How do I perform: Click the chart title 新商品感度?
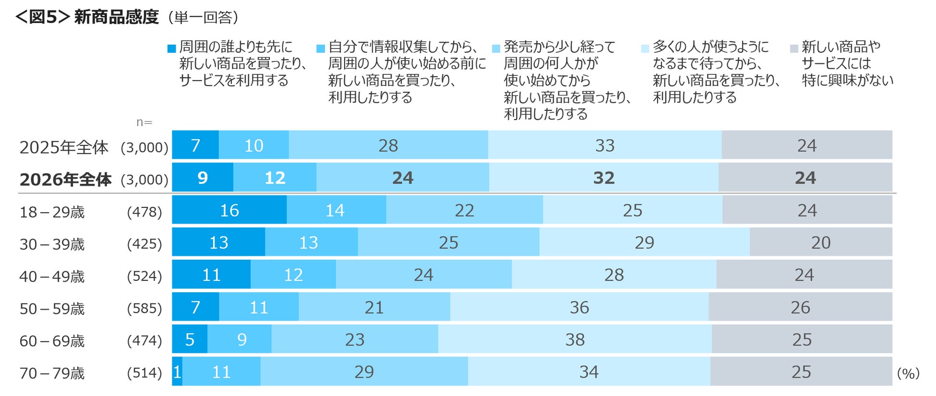pos(116,17)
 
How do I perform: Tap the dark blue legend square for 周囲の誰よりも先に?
pos(171,48)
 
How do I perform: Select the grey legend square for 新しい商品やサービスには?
pos(794,48)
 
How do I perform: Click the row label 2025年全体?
pos(64,147)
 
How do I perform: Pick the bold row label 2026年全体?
pos(65,179)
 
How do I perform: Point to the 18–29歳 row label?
pos(52,212)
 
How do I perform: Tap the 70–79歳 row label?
pos(52,373)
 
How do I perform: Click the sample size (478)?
pos(144,212)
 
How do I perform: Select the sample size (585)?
pos(144,308)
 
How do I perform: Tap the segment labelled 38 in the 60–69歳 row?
pos(575,339)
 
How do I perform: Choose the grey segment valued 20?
pos(821,242)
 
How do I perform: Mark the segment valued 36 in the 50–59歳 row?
pos(579,307)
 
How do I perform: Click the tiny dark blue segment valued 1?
pos(177,371)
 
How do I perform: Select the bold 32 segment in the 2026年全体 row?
pos(604,177)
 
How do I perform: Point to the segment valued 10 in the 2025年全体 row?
pos(254,144)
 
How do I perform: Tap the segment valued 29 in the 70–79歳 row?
pos(364,371)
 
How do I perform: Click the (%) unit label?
pos(908,373)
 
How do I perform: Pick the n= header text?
pos(144,122)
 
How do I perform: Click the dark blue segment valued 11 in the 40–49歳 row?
pos(211,274)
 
